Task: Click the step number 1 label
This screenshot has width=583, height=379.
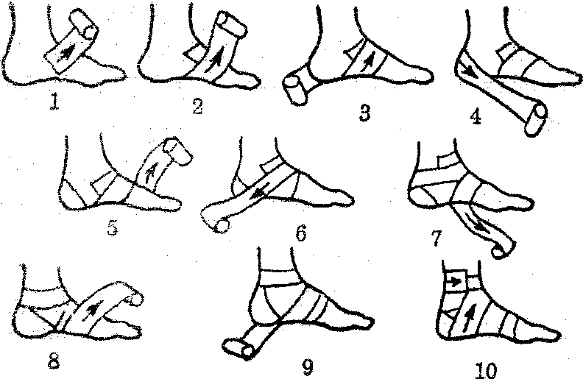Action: tap(54, 102)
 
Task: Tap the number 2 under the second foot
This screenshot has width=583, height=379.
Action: tap(197, 106)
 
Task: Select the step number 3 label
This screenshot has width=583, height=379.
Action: tap(365, 113)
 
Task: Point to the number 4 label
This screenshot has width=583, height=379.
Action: tap(476, 118)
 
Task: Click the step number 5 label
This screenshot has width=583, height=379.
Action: tap(113, 227)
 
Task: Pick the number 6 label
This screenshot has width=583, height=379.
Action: tap(301, 233)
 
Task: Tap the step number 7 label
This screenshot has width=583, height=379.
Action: tap(436, 238)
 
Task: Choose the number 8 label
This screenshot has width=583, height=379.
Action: tap(54, 361)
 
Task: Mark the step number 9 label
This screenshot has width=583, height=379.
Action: tap(308, 367)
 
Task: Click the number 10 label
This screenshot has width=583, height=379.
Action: tap(486, 370)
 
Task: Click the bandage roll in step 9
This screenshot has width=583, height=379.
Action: tap(238, 348)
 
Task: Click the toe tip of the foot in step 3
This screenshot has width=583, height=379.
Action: tap(431, 77)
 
